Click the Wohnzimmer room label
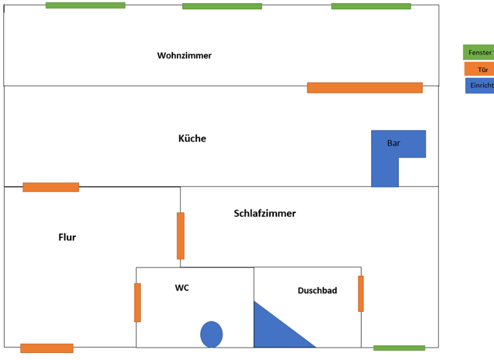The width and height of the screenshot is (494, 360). [x=184, y=56]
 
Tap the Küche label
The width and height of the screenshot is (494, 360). [x=192, y=138]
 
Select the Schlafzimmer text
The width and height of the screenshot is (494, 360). [x=264, y=213]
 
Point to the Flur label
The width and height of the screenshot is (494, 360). [x=67, y=237]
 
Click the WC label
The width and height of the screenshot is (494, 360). [x=182, y=288]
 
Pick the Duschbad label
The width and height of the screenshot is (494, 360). [x=317, y=291]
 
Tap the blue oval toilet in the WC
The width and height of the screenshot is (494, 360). [x=211, y=334]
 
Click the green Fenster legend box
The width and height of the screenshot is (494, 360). [x=478, y=52]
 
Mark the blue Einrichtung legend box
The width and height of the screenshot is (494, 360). [x=479, y=85]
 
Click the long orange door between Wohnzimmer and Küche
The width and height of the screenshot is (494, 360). [x=364, y=87]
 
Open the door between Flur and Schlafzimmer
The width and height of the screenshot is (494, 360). [x=181, y=235]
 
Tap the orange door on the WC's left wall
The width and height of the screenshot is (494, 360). [x=138, y=302]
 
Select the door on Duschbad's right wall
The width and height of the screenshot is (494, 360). [x=361, y=293]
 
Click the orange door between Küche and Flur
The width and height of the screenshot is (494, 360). [x=51, y=187]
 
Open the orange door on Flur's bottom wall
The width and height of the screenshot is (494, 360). [x=46, y=348]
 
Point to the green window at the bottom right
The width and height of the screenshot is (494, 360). [x=399, y=348]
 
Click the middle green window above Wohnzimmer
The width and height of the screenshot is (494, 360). [x=222, y=6]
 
